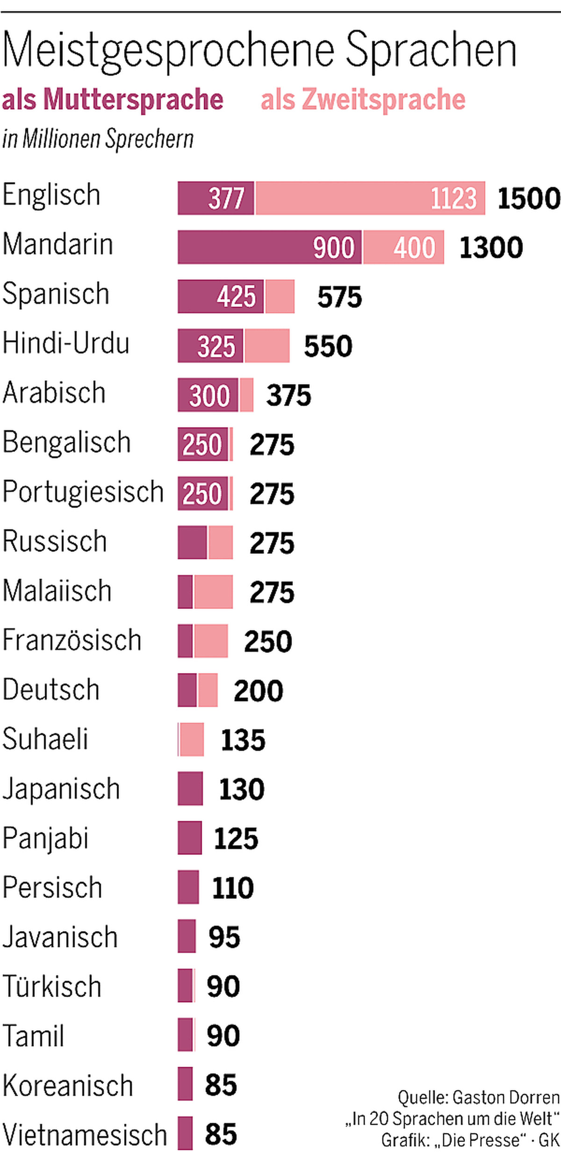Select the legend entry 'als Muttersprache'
(113, 100)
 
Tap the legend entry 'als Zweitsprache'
(363, 100)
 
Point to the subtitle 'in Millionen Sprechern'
(98, 139)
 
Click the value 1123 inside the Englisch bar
(453, 198)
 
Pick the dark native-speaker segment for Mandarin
(269, 247)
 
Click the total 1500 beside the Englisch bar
(528, 198)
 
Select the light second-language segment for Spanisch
(280, 297)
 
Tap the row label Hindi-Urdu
(66, 344)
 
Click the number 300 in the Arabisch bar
(209, 396)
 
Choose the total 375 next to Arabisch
(288, 396)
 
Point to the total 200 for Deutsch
(258, 691)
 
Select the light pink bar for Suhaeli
(192, 740)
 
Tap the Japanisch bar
(190, 789)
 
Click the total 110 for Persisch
(232, 888)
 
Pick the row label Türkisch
(52, 986)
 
